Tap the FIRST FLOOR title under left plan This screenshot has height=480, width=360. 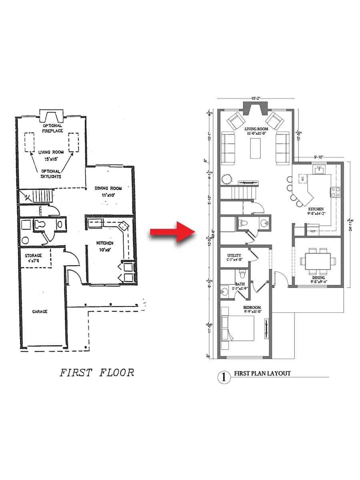tap(97, 373)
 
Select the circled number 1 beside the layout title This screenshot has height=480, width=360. tap(224, 377)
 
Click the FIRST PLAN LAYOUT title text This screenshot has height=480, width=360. tap(262, 374)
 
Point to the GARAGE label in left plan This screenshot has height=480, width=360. tap(40, 311)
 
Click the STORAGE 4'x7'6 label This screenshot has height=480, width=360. tap(34, 258)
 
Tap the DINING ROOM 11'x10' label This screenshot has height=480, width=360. tap(108, 191)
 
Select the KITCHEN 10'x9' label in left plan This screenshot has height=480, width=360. tap(105, 246)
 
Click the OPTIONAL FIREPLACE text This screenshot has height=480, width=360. tap(52, 128)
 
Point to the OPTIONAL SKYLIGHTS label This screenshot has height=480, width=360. tap(50, 174)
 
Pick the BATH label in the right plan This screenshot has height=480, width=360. tap(240, 286)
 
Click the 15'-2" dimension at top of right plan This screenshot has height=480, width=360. tap(256, 98)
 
